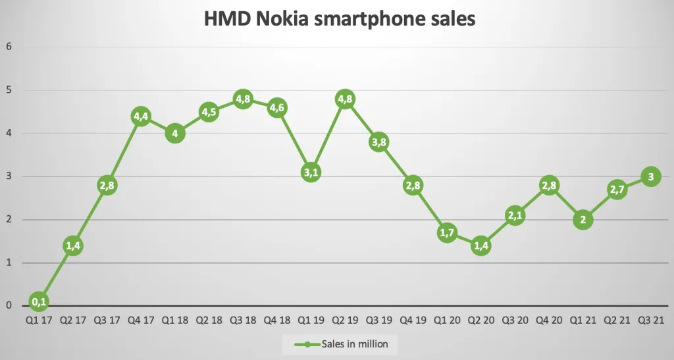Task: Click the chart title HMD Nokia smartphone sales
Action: pyautogui.click(x=340, y=20)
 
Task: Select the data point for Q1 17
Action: pyautogui.click(x=39, y=302)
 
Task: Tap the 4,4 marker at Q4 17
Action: pyautogui.click(x=141, y=116)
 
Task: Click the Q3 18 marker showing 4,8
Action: pyautogui.click(x=243, y=100)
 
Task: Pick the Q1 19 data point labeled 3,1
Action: pyautogui.click(x=311, y=172)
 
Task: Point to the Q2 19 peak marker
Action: pyautogui.click(x=345, y=100)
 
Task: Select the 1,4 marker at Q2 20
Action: pyautogui.click(x=480, y=246)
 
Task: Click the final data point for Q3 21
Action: pyautogui.click(x=650, y=176)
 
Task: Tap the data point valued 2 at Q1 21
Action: pyautogui.click(x=583, y=220)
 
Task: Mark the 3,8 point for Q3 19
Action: pyautogui.click(x=378, y=142)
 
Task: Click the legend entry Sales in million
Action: pyautogui.click(x=340, y=344)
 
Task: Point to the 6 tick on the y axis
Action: pyautogui.click(x=9, y=47)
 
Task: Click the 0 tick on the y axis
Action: pyautogui.click(x=9, y=305)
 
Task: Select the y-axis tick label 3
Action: pyautogui.click(x=9, y=176)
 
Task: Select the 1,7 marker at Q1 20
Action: pyautogui.click(x=447, y=233)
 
